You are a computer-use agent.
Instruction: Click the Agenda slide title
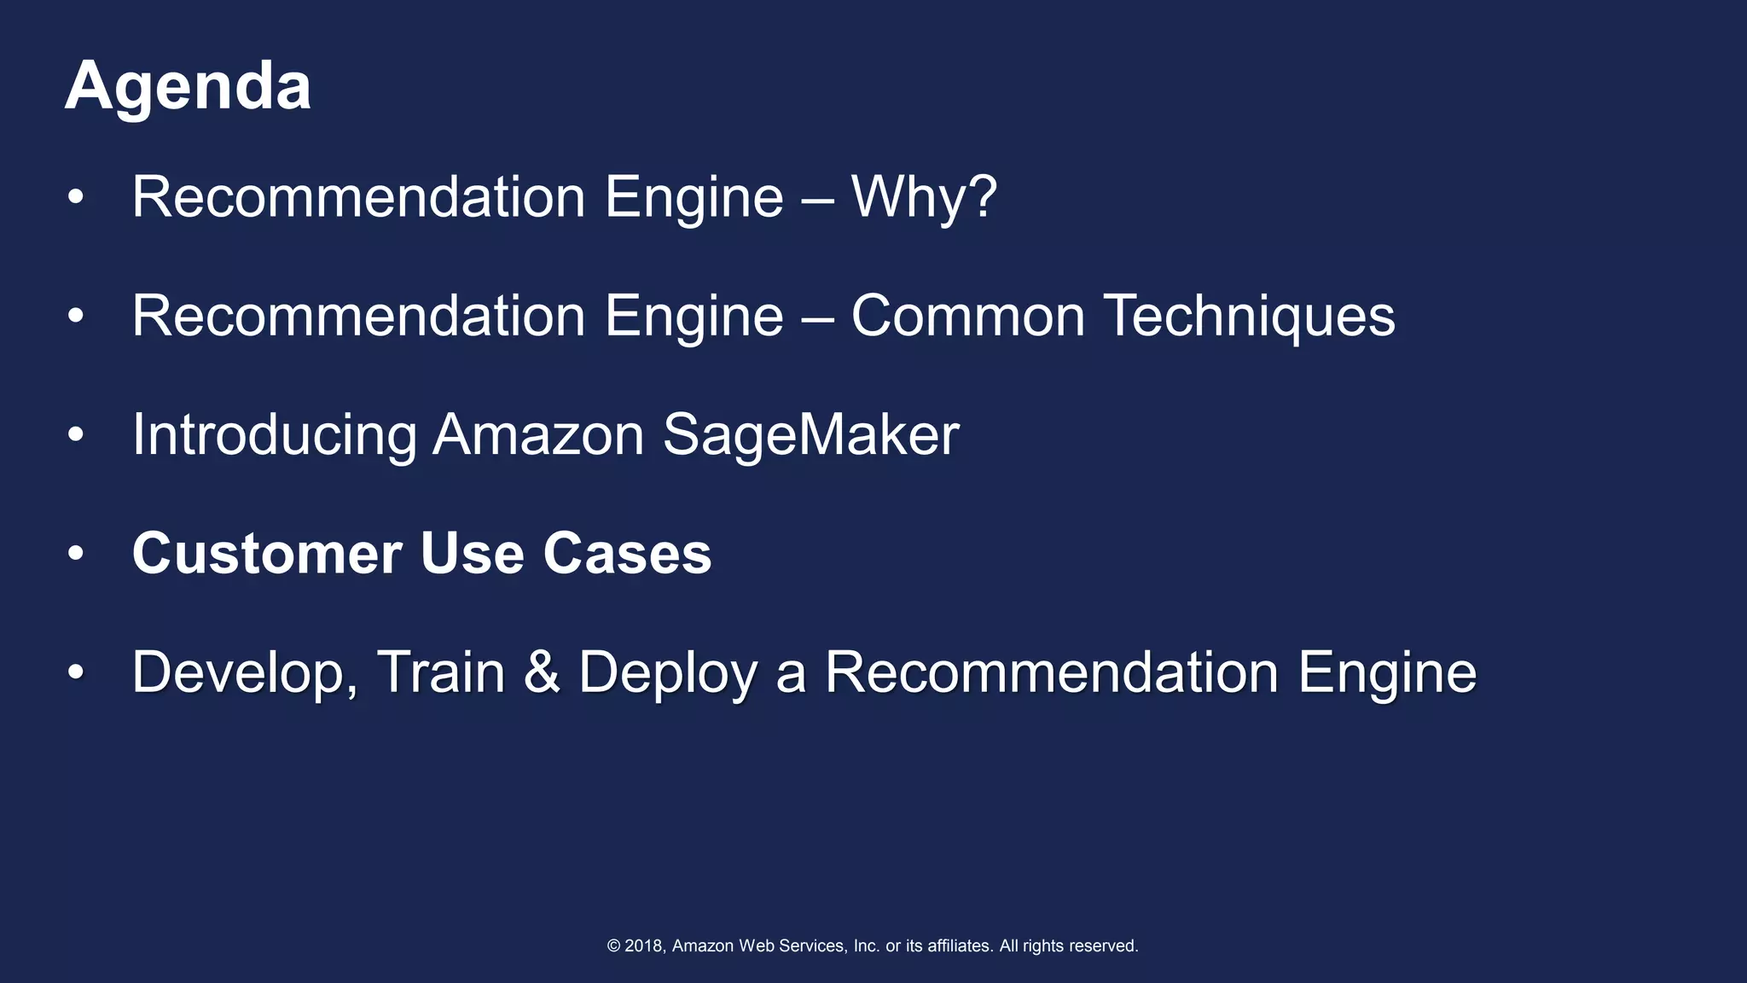pyautogui.click(x=188, y=87)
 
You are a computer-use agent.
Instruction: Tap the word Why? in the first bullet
pyautogui.click(x=924, y=198)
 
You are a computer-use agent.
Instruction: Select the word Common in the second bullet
pyautogui.click(x=967, y=317)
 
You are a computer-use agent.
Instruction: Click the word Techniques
pyautogui.click(x=1249, y=317)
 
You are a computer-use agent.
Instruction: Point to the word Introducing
pyautogui.click(x=274, y=435)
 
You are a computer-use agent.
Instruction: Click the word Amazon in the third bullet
pyautogui.click(x=538, y=435)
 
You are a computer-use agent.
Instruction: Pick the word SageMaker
pyautogui.click(x=810, y=435)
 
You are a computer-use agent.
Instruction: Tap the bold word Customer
pyautogui.click(x=266, y=554)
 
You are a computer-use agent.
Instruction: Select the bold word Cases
pyautogui.click(x=627, y=554)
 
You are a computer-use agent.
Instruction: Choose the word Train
pyautogui.click(x=441, y=672)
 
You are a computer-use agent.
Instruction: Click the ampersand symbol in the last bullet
pyautogui.click(x=542, y=672)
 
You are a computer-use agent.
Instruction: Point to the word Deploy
pyautogui.click(x=668, y=673)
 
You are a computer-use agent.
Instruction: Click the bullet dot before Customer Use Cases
pyautogui.click(x=76, y=554)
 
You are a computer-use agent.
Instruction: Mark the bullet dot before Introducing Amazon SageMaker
pyautogui.click(x=76, y=435)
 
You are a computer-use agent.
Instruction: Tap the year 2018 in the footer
pyautogui.click(x=644, y=945)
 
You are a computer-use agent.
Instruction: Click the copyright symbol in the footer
pyautogui.click(x=613, y=945)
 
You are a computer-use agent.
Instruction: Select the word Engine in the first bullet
pyautogui.click(x=694, y=198)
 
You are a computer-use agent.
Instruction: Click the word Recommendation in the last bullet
pyautogui.click(x=1052, y=672)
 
